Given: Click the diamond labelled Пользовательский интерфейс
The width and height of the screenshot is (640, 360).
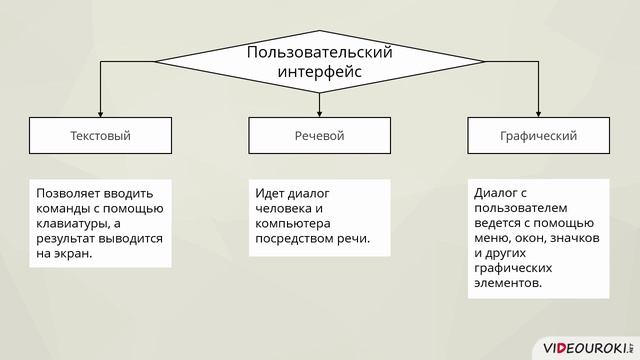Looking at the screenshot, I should point(319,61).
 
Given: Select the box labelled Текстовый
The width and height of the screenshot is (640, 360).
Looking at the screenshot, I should point(100,135).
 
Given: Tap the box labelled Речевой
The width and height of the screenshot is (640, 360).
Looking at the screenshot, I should point(319,135).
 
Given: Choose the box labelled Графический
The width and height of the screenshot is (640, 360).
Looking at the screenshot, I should point(538,135).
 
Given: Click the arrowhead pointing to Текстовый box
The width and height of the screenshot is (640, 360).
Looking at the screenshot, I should point(100,112).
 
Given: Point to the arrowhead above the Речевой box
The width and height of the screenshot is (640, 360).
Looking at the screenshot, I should point(319,112).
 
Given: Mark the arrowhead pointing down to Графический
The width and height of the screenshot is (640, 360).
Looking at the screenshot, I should point(538,112).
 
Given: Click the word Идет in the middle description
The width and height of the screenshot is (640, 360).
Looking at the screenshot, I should point(270,193).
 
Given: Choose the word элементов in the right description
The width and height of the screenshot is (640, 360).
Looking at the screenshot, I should point(510,283).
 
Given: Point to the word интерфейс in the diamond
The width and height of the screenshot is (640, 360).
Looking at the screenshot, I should point(319,72).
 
